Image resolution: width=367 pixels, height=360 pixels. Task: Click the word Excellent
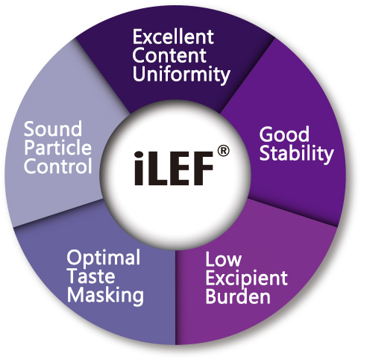point(173,37)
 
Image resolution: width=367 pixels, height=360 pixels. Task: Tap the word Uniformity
point(181,75)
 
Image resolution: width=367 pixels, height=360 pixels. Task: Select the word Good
point(284,134)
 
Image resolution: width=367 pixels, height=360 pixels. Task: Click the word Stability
point(296,154)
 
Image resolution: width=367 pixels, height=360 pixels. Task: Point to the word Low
point(223,259)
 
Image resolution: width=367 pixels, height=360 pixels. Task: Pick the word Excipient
point(246,279)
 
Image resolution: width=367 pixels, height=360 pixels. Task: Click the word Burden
point(238,297)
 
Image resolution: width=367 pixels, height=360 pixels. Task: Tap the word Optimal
point(104,259)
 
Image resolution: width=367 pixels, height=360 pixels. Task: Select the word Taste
point(91,276)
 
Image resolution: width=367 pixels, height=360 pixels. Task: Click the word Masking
point(105,296)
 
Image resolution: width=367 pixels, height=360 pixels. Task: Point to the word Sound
point(53,128)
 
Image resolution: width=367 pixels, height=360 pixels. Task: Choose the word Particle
point(57,147)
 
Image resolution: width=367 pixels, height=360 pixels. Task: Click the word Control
point(58,166)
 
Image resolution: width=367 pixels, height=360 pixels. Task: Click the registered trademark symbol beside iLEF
point(223,152)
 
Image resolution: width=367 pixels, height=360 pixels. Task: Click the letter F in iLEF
point(203,169)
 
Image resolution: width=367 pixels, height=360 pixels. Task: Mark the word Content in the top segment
point(169,55)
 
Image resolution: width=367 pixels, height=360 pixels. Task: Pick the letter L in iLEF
point(157,169)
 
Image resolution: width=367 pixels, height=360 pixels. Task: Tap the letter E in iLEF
point(180,169)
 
